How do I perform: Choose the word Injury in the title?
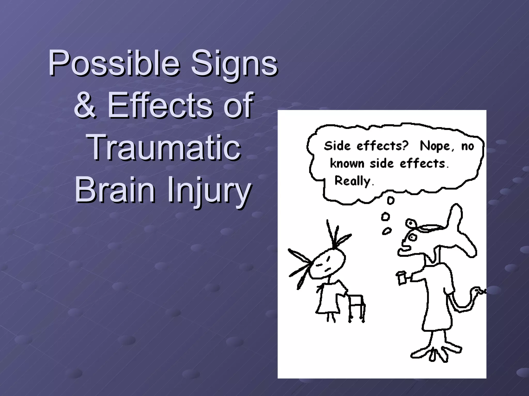(209, 189)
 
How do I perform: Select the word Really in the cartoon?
(353, 181)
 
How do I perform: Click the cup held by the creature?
(401, 278)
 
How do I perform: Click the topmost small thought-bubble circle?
(390, 201)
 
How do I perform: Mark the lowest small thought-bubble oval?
(386, 231)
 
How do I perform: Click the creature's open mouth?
(404, 249)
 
